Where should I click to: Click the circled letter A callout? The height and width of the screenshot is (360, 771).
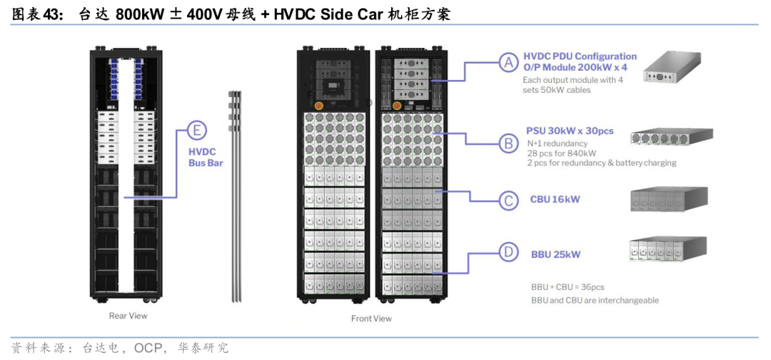pos(508,62)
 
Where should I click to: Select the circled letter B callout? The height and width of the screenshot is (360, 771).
pos(508,144)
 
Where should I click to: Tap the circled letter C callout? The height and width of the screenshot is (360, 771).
pos(508,200)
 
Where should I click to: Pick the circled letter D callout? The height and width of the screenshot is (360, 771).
pos(508,253)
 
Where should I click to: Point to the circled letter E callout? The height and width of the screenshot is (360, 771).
pos(197,130)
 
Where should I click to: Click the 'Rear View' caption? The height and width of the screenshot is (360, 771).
pos(128,316)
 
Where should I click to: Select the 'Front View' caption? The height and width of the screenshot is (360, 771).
pos(371,319)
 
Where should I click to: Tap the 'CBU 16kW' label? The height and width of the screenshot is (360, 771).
pos(555,200)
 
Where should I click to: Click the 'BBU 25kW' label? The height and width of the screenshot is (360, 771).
pos(555,255)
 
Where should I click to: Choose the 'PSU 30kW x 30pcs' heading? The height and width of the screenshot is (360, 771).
pos(570,132)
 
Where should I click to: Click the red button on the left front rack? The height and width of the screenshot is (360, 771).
pos(318,105)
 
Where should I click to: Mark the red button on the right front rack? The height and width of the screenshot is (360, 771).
pos(397,105)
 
